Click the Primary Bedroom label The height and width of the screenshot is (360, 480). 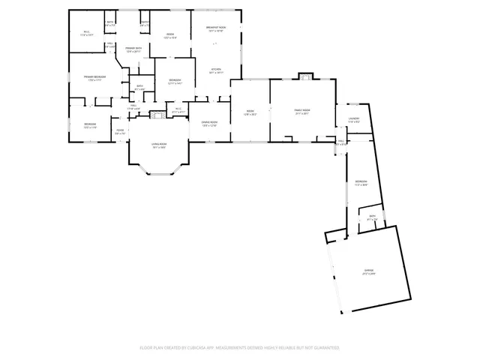coord(94,78)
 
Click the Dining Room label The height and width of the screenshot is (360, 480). coord(209,123)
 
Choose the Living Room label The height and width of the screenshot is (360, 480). coord(159,145)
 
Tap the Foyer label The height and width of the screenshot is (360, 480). coord(119,132)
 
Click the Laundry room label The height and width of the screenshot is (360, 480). coord(354,118)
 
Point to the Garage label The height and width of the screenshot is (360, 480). coord(369,271)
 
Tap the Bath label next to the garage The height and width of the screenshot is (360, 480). coord(372,217)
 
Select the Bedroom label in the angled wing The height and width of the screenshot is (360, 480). coord(361,182)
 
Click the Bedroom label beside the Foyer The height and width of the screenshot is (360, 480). coord(89,124)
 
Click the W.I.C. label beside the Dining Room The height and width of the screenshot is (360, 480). coord(178,109)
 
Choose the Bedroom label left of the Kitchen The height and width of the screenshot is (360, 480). coord(174,81)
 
